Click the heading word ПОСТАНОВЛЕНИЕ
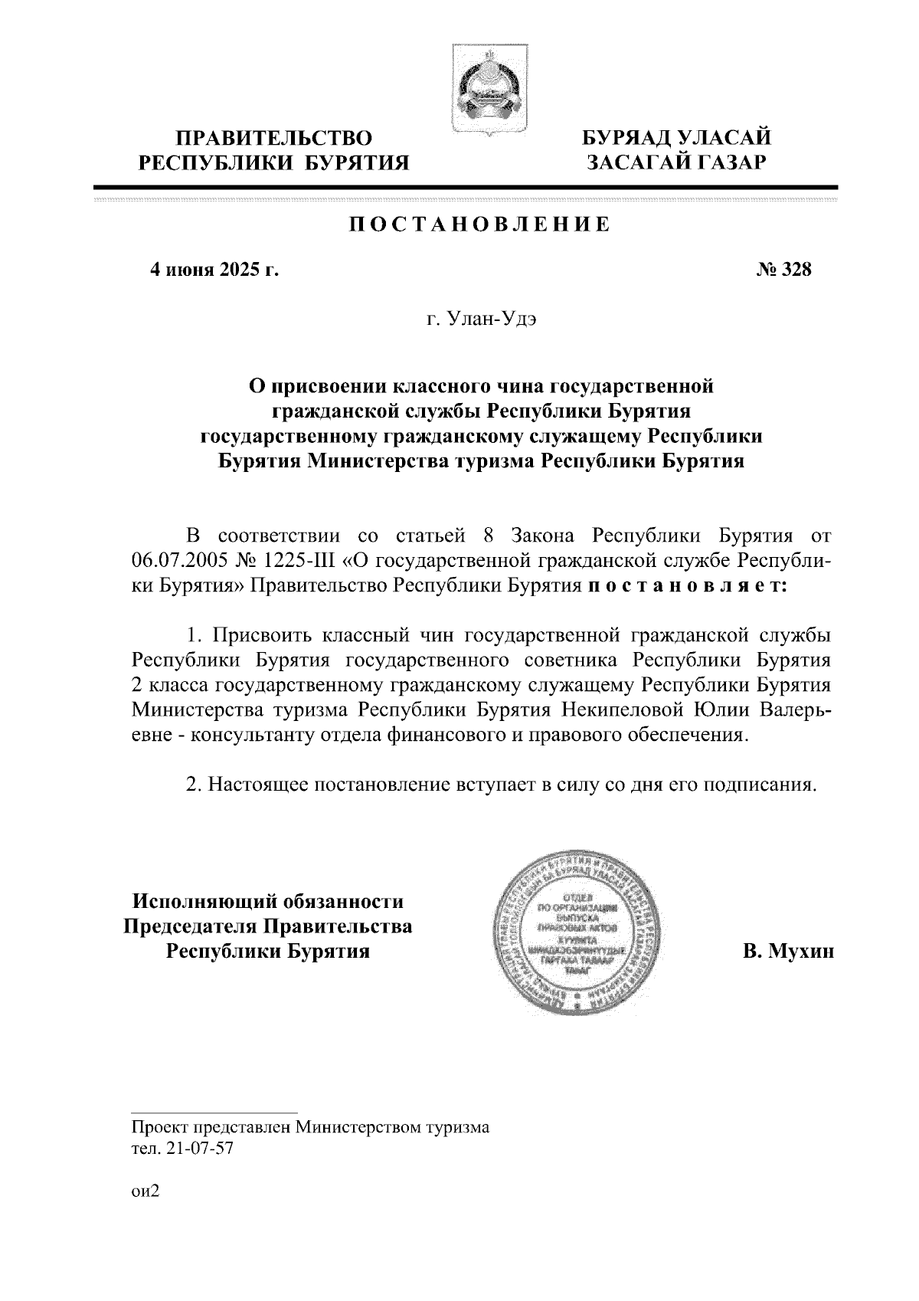(x=480, y=224)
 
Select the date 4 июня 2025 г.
(x=214, y=270)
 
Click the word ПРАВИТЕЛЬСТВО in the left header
(x=274, y=139)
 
